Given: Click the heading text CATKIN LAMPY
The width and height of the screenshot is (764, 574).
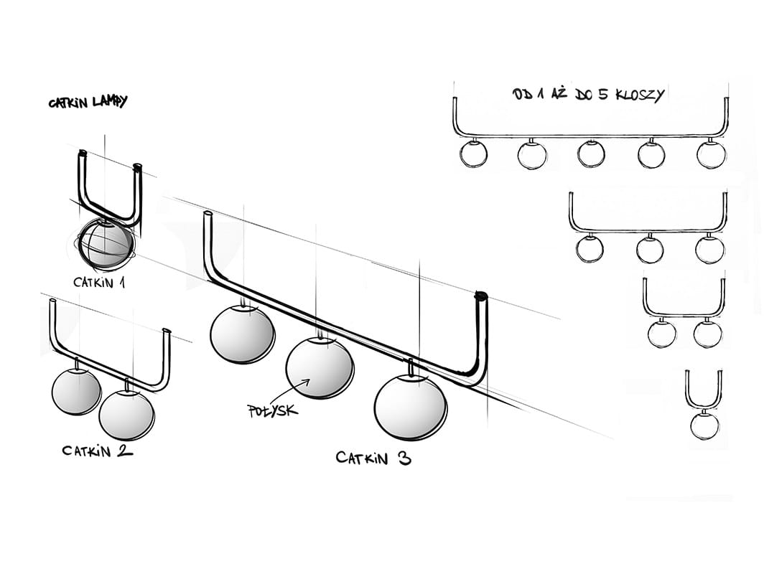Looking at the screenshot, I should tap(88, 103).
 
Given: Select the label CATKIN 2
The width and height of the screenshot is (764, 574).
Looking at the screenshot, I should tap(97, 451).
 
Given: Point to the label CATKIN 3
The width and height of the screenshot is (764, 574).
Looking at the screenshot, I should tap(373, 458).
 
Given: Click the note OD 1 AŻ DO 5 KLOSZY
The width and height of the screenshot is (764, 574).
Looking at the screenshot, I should tap(589, 94).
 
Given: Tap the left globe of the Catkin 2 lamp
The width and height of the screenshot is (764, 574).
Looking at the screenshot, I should tap(77, 392).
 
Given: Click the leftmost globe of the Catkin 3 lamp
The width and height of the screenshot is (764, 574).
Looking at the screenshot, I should tap(242, 333).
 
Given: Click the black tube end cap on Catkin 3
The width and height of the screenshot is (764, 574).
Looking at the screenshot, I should tap(480, 295).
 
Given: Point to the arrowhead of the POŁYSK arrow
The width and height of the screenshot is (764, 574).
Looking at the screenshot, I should tap(308, 382).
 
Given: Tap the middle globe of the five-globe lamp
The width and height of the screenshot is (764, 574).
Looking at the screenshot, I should tap(591, 154).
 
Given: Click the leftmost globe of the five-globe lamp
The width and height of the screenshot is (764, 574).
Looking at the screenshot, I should tap(472, 154).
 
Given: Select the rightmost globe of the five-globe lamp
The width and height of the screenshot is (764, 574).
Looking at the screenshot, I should tap(711, 154).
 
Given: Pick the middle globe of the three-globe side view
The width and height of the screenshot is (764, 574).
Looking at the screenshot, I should tap(650, 249).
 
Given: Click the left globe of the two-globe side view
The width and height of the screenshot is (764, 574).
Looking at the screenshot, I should tap(661, 334).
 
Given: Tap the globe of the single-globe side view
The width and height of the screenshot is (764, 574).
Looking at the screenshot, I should tap(704, 425).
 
